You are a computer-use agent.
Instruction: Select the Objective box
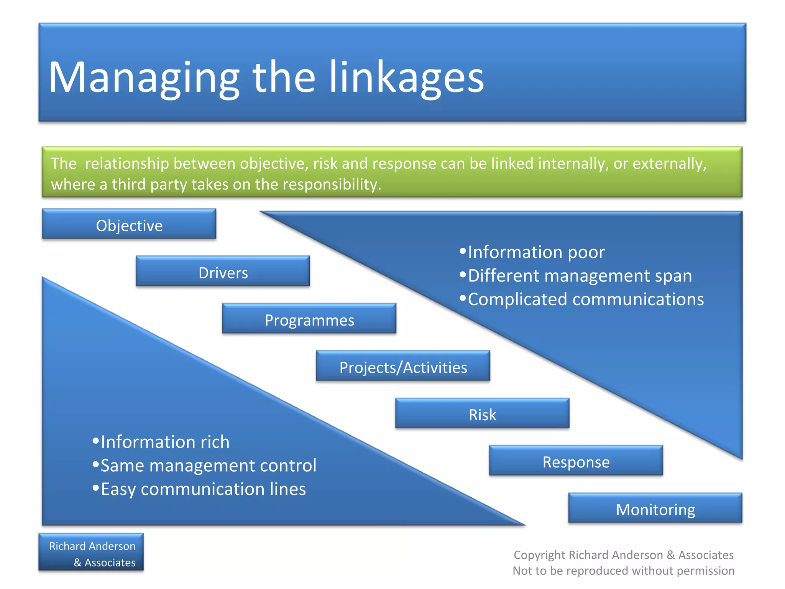point(129,225)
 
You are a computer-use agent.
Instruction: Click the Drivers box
point(223,273)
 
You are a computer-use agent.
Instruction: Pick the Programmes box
point(309,320)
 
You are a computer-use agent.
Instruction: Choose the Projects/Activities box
point(403,367)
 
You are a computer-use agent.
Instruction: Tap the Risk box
point(482,415)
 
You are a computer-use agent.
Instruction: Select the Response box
point(576,462)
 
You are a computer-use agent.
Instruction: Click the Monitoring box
point(655,509)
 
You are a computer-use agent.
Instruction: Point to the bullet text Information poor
point(536,252)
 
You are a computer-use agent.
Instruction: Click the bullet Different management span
point(580,276)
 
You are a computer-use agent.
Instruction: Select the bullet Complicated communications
point(585,299)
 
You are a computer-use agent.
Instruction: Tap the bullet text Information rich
point(165,442)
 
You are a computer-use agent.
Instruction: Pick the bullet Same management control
point(208,466)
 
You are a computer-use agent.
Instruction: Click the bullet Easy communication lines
point(203,489)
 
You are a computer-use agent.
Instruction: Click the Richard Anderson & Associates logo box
point(91,553)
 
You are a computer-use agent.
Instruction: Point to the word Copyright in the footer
point(539,555)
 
